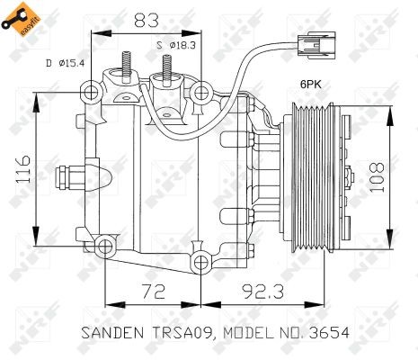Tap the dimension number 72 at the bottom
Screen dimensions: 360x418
(x=154, y=290)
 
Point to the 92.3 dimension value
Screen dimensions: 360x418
(x=262, y=290)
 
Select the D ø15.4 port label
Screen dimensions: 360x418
(x=65, y=62)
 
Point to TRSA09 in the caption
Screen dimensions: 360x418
(x=180, y=333)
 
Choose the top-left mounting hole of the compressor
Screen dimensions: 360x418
(x=90, y=92)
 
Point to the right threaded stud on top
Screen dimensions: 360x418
(x=166, y=68)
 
